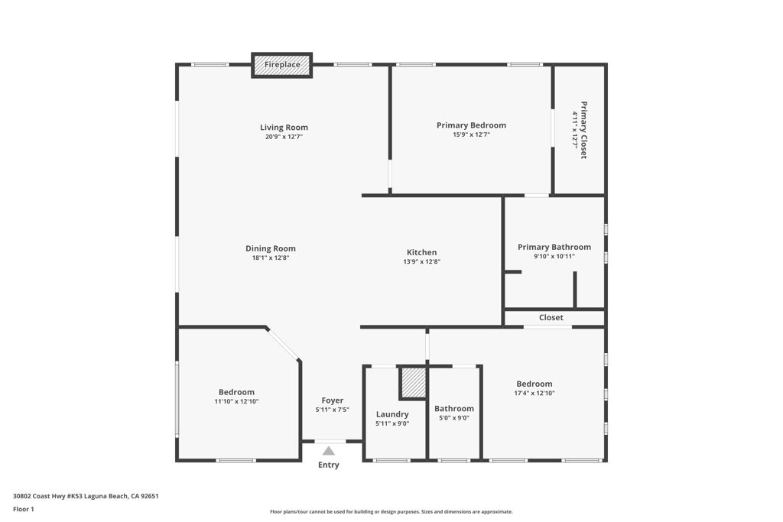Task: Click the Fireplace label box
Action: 282,65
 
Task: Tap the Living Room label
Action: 284,128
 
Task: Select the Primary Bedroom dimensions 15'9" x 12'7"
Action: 471,135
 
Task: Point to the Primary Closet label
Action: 583,129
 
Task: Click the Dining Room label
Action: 270,248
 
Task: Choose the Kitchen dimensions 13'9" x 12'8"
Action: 421,261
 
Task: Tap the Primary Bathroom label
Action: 554,247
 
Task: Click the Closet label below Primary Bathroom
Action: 551,317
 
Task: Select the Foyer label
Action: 332,400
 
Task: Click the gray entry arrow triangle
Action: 329,451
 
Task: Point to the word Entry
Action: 329,465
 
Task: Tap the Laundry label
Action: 392,414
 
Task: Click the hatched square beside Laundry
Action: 413,382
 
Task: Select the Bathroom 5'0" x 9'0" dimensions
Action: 453,418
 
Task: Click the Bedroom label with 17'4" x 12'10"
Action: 534,384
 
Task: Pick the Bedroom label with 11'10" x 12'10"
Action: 236,392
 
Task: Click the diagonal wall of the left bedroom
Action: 283,344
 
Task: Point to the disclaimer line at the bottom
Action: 391,512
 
